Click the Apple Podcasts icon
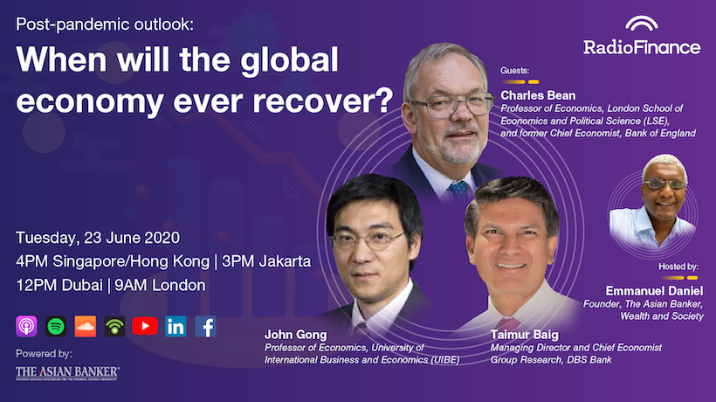pyautogui.click(x=26, y=326)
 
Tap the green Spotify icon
pyautogui.click(x=56, y=326)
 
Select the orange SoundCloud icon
pyautogui.click(x=86, y=326)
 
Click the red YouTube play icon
pyautogui.click(x=145, y=326)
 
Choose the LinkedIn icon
pyautogui.click(x=176, y=326)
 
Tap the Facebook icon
pyautogui.click(x=205, y=326)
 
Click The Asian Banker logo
pyautogui.click(x=67, y=373)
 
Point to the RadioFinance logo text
pyautogui.click(x=642, y=47)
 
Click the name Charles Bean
pyautogui.click(x=538, y=95)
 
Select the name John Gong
pyautogui.click(x=295, y=335)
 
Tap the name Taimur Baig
pyautogui.click(x=524, y=335)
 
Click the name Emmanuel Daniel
pyautogui.click(x=654, y=290)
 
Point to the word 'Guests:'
pyautogui.click(x=514, y=71)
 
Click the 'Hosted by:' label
pyautogui.click(x=678, y=267)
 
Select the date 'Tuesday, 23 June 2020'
pyautogui.click(x=98, y=238)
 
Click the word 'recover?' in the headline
pyautogui.click(x=322, y=100)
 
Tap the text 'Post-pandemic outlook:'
pyautogui.click(x=105, y=24)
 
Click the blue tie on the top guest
pyautogui.click(x=458, y=190)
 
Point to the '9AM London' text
pyautogui.click(x=160, y=286)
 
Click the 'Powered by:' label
pyautogui.click(x=44, y=354)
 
